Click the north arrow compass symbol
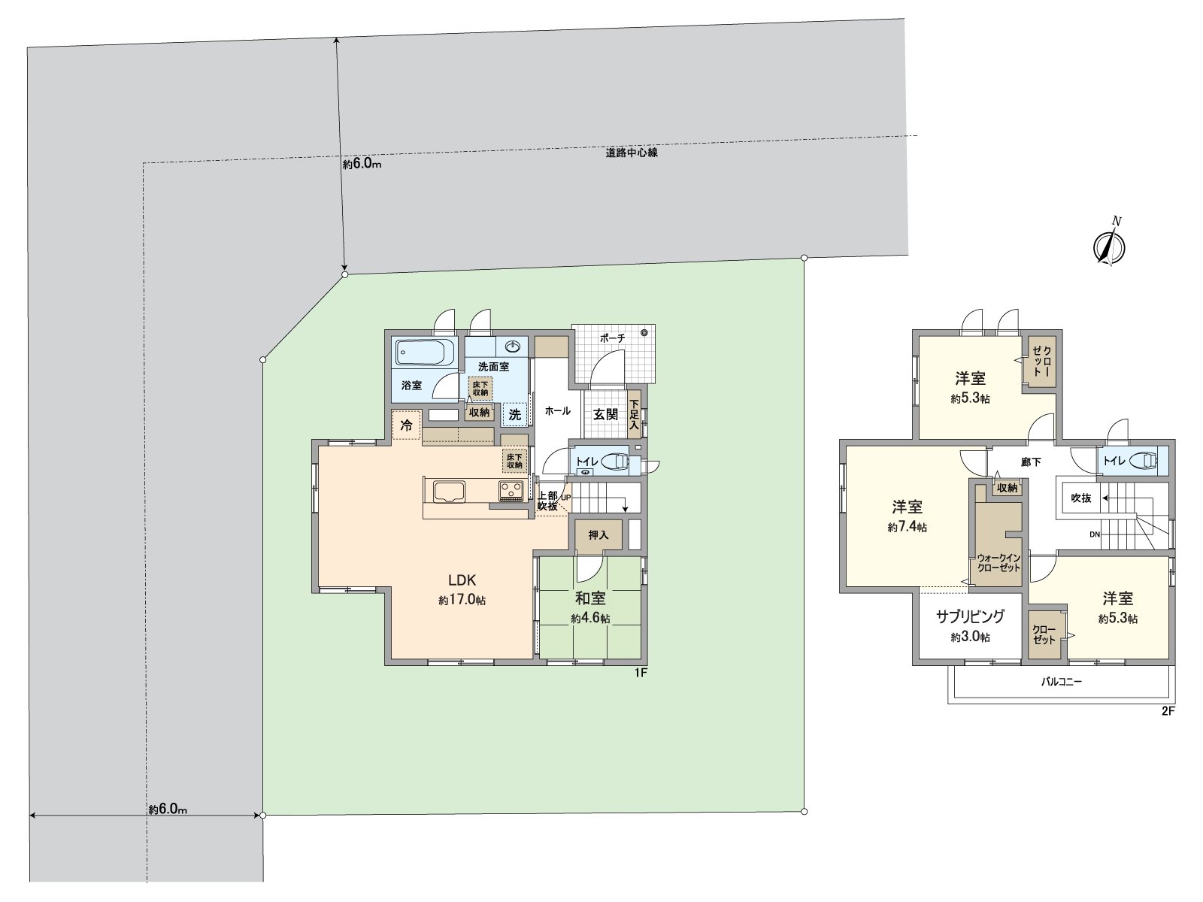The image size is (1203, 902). coord(1109,246)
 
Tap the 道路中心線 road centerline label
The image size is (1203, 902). coord(632,153)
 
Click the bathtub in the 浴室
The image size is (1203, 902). coord(425,352)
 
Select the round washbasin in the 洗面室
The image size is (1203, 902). coord(514,346)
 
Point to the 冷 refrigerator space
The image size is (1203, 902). coord(407,425)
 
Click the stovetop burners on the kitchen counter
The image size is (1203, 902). coord(511,491)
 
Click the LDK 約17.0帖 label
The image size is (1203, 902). coord(462,589)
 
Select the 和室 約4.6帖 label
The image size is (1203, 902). coord(590,607)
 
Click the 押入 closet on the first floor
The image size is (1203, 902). coord(598,535)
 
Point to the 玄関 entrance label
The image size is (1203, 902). coord(605,414)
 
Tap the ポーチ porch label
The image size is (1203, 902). coord(613,338)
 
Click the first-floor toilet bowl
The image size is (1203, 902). coord(615,461)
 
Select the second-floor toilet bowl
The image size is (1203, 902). coord(1144,460)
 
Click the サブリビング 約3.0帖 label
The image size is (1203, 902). coord(970,625)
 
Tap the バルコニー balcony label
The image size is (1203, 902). coord(1062,683)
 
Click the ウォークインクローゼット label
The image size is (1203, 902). coord(998,563)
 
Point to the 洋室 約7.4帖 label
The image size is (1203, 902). coord(908,516)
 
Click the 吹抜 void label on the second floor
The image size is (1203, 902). coord(1080,498)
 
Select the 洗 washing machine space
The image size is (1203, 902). coord(515,414)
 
